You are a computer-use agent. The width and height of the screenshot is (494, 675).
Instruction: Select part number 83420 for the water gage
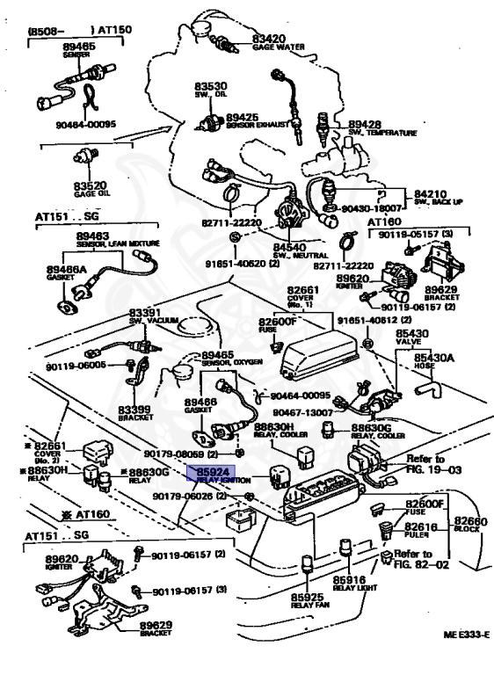click(x=270, y=40)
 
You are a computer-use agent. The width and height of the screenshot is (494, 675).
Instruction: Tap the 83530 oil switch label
click(x=211, y=85)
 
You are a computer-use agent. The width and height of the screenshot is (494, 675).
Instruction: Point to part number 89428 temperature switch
click(x=365, y=124)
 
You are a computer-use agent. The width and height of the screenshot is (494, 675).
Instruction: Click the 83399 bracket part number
click(x=136, y=410)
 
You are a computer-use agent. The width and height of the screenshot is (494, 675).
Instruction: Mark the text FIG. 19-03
click(x=426, y=470)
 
